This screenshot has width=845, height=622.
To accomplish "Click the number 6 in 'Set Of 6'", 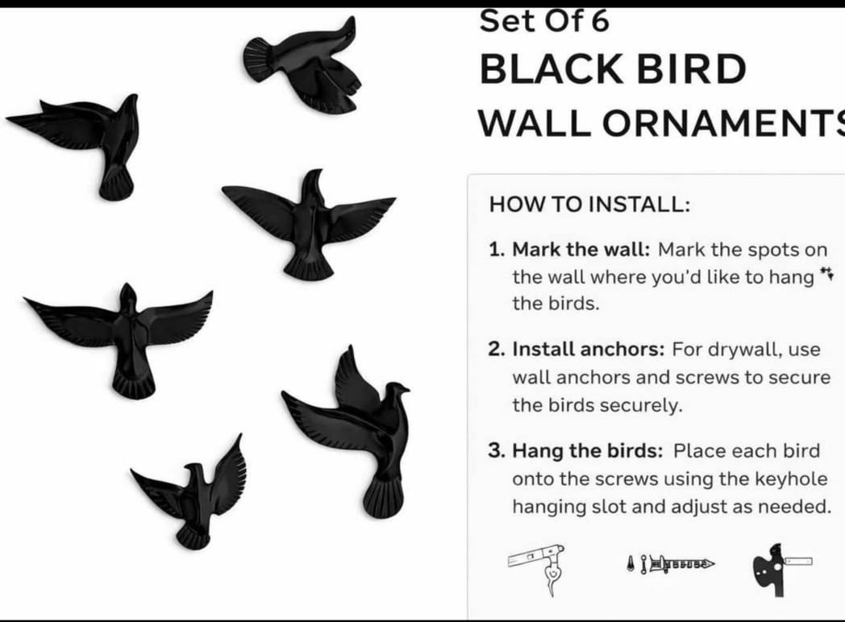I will (x=599, y=21).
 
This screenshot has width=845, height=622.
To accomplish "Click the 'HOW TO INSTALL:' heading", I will (x=589, y=204).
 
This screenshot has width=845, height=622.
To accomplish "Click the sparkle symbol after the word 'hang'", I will (x=826, y=276).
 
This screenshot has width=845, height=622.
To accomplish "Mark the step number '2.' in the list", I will (x=495, y=350).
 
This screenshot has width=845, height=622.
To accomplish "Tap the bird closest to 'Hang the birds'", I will (x=355, y=427).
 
